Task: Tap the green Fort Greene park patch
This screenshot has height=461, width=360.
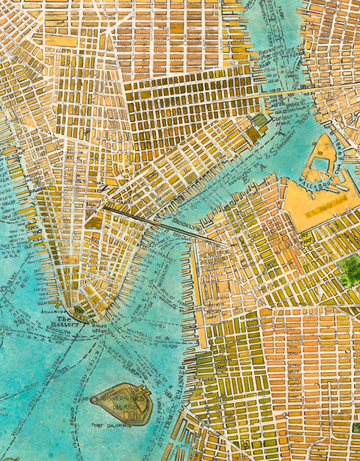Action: [x=350, y=269]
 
